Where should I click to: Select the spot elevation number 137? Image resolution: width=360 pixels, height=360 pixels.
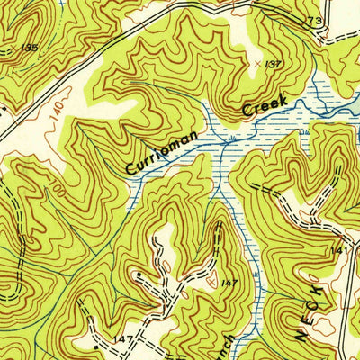click(x=274, y=64)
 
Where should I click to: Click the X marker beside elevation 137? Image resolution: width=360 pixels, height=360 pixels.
click(x=257, y=64)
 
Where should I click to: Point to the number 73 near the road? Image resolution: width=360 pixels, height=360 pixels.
click(x=313, y=21)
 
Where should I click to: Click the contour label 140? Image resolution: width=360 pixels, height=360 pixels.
click(x=57, y=113)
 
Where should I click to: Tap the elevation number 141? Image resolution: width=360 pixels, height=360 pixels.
click(x=338, y=250)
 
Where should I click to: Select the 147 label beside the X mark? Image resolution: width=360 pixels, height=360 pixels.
click(x=230, y=283)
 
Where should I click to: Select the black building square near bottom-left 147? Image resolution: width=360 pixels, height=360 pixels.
click(x=96, y=344)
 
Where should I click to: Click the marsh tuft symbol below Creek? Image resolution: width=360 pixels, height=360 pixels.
click(x=233, y=138)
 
